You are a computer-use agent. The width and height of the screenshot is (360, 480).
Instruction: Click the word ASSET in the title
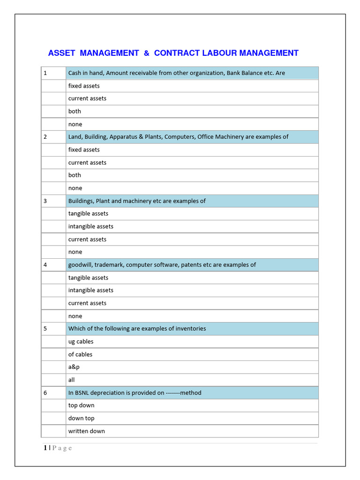click(61, 53)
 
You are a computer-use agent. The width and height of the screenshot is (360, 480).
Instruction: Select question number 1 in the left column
click(45, 73)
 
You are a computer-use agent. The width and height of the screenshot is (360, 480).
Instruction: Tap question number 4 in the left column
click(45, 265)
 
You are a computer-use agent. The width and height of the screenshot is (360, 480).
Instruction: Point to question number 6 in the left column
click(45, 393)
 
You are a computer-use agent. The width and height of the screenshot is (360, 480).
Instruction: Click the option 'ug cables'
click(81, 342)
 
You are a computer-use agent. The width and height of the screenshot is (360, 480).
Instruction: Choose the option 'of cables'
click(80, 354)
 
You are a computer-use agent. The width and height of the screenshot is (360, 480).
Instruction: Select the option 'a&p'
click(74, 367)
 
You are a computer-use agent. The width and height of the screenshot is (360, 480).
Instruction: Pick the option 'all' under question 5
click(71, 380)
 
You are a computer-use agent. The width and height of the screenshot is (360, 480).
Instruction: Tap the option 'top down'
click(81, 405)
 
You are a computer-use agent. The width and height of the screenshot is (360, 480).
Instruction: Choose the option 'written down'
click(86, 431)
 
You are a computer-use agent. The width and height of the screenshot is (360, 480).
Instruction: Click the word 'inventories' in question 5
click(190, 329)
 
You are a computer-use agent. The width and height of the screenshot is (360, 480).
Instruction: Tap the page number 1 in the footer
click(45, 448)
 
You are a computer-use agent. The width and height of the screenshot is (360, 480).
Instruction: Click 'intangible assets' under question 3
click(90, 226)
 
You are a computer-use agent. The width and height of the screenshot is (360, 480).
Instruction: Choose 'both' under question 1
click(75, 112)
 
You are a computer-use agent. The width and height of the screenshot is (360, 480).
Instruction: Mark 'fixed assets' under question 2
click(84, 150)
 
